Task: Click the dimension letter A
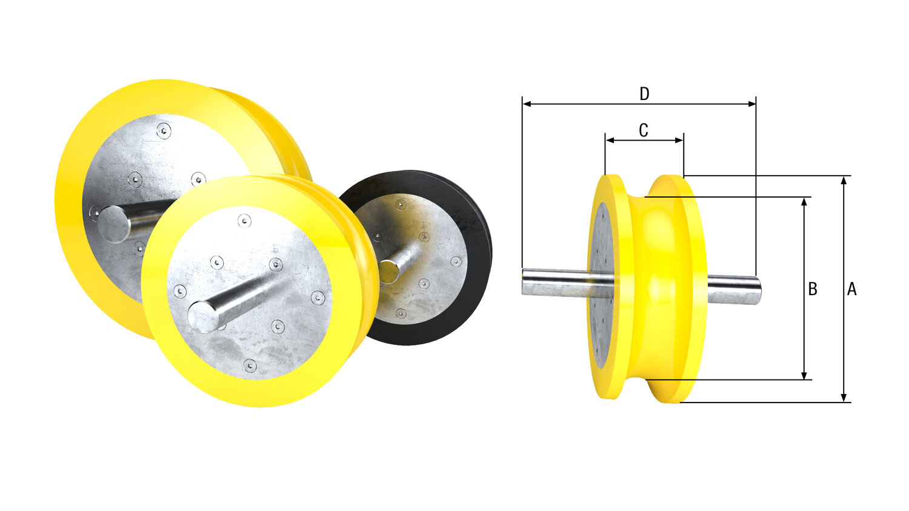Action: coord(851,290)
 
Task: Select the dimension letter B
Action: coord(813,289)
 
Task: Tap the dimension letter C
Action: coord(644,130)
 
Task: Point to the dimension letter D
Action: coord(644,94)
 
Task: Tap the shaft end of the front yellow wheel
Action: coord(203,316)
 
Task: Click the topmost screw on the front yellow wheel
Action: coord(244,221)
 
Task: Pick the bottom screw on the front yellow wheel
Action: coord(250,365)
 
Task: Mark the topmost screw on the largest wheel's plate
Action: coord(163,130)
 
